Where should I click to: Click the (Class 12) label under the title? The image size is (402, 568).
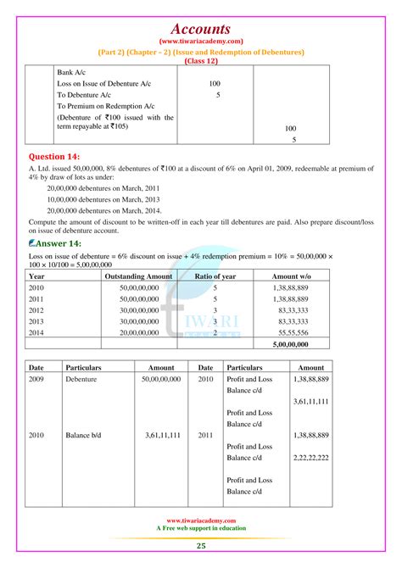click(x=200, y=61)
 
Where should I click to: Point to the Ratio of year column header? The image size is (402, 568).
click(x=214, y=276)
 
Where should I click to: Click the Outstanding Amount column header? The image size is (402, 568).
click(x=137, y=276)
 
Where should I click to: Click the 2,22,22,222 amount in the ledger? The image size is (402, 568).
click(x=310, y=456)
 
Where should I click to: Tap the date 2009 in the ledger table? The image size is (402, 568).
click(x=36, y=380)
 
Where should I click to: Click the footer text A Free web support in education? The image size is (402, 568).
click(x=201, y=528)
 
